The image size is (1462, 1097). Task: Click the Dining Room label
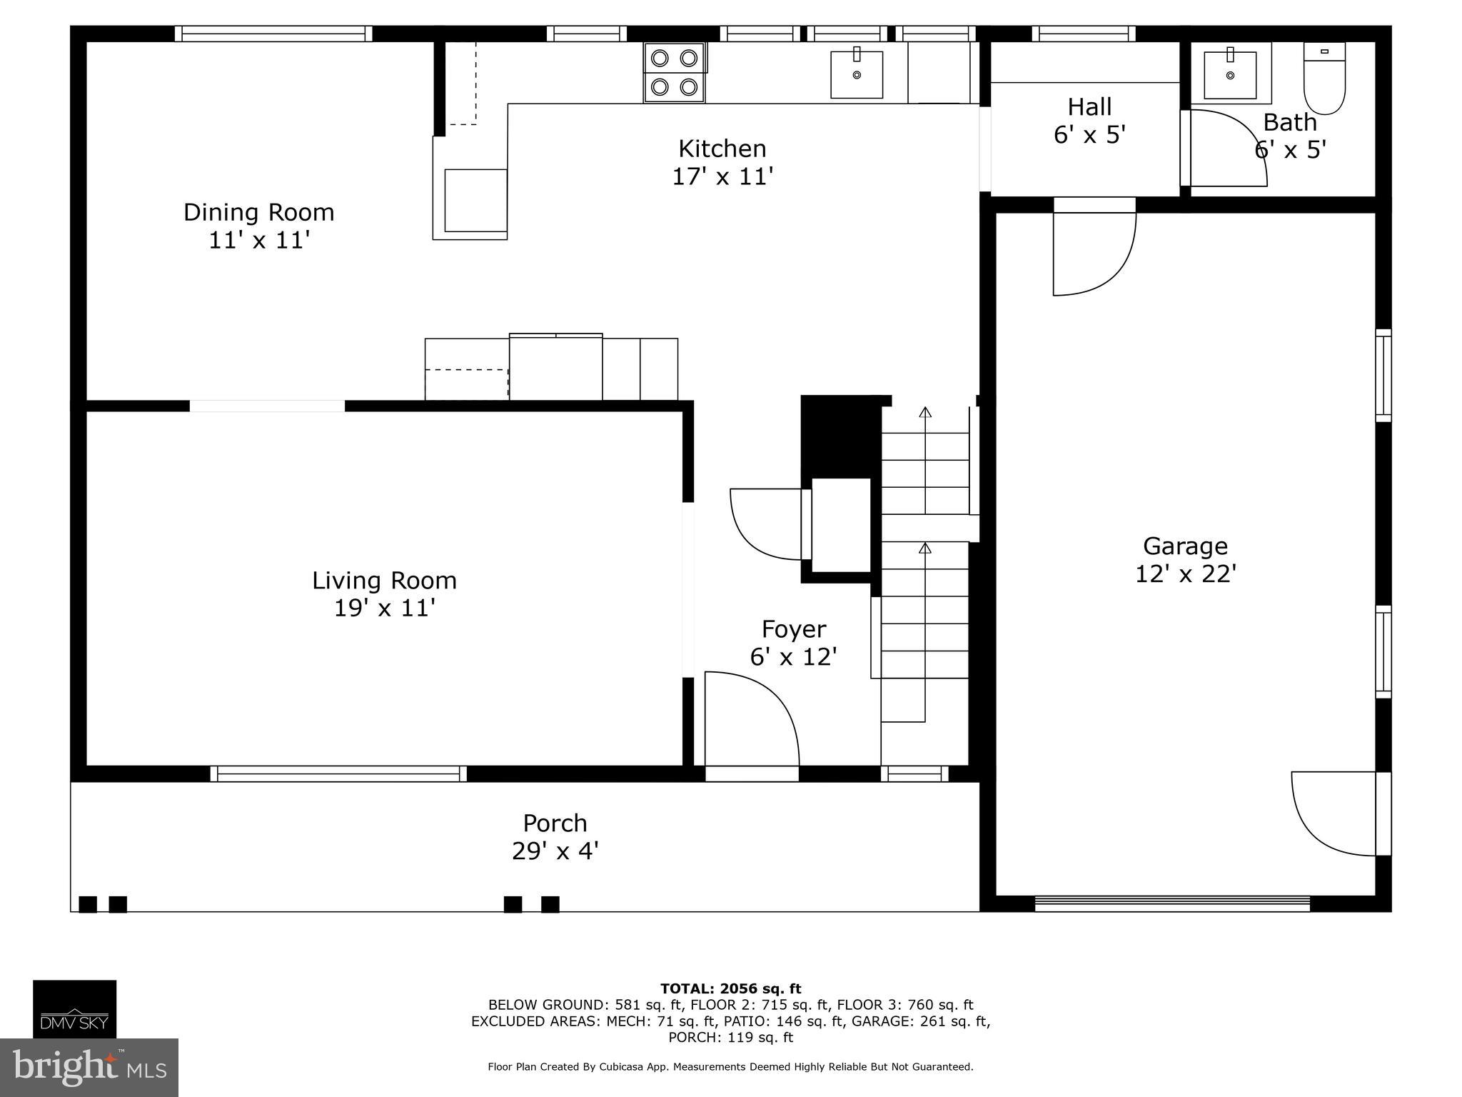point(258,212)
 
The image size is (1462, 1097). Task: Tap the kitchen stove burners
point(674,72)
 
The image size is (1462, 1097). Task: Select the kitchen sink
point(856,74)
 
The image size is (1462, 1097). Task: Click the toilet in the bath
point(1324,79)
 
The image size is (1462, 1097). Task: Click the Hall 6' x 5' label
point(1089,121)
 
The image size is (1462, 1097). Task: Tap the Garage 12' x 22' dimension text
point(1185,573)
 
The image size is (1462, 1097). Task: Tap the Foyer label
point(793,629)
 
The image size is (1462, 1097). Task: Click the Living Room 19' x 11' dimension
point(384,608)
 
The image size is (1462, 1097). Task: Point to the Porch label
point(555,823)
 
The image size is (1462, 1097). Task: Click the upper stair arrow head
point(925,412)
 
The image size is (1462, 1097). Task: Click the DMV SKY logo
point(74,1008)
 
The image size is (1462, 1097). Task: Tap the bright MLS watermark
point(89,1067)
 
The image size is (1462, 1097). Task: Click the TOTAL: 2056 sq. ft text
point(730,989)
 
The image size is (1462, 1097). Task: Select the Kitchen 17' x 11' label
point(722,162)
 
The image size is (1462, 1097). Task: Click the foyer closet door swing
point(765,525)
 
